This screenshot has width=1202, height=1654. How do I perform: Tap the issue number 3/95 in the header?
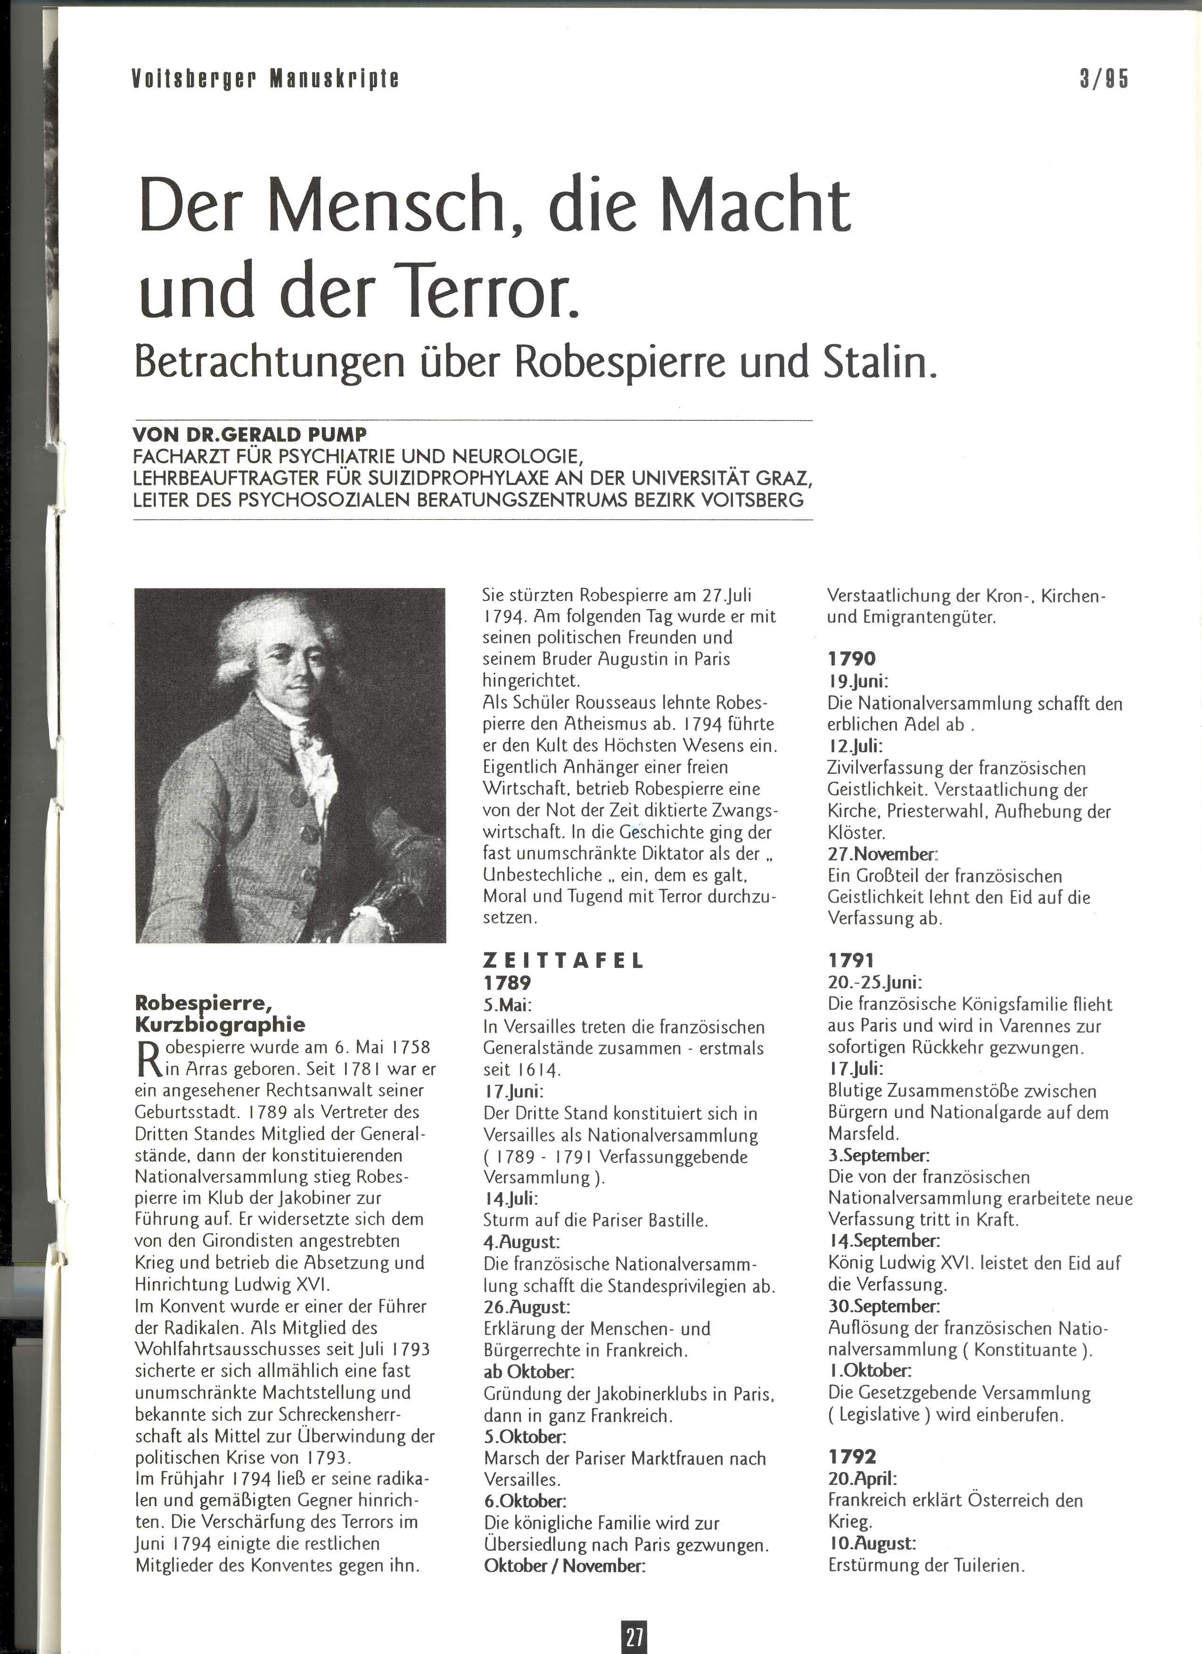[x=1103, y=79]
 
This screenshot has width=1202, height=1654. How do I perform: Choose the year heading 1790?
[x=851, y=659]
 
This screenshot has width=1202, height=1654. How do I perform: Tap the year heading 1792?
[x=851, y=1457]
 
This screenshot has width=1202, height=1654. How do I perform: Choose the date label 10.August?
[x=872, y=1543]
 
